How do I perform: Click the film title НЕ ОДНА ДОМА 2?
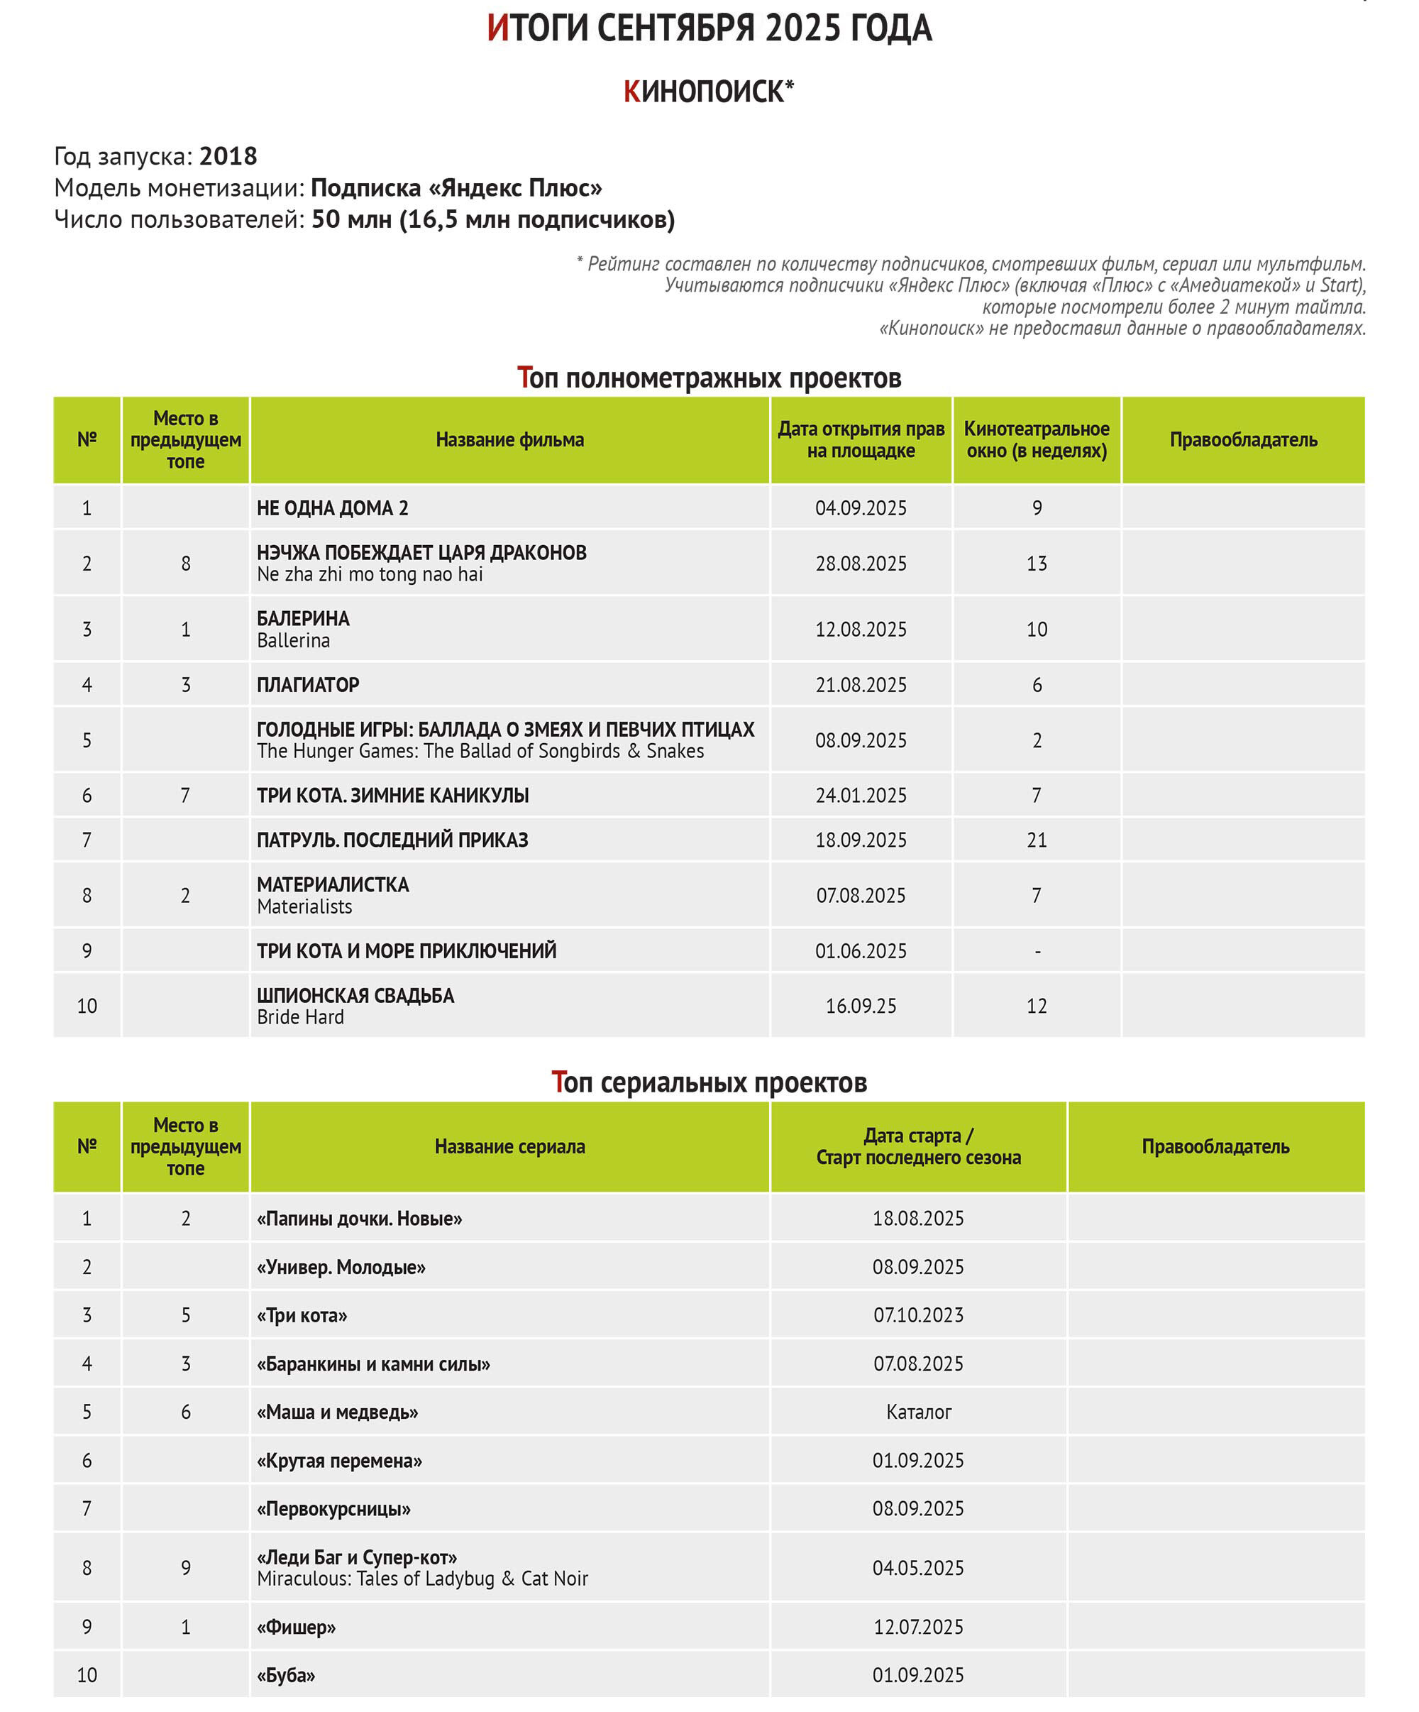click(x=332, y=508)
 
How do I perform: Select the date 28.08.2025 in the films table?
click(x=861, y=564)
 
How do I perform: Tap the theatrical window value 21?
click(x=1036, y=840)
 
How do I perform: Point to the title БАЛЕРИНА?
click(x=302, y=618)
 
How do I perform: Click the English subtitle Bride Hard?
click(x=300, y=1016)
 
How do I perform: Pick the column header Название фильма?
click(x=509, y=439)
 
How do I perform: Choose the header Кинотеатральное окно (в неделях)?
click(x=1036, y=439)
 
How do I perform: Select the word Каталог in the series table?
click(x=918, y=1412)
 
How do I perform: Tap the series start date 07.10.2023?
click(x=918, y=1315)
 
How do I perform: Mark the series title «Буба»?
click(x=285, y=1674)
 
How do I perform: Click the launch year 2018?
click(x=228, y=155)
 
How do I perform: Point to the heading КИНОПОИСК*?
click(x=708, y=92)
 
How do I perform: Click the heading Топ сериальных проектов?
click(x=708, y=1082)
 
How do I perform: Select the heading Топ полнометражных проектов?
click(x=708, y=378)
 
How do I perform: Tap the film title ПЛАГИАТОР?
click(x=307, y=685)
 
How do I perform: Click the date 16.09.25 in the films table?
click(x=861, y=1006)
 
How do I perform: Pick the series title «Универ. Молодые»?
click(x=341, y=1267)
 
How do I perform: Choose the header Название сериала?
click(x=509, y=1146)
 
